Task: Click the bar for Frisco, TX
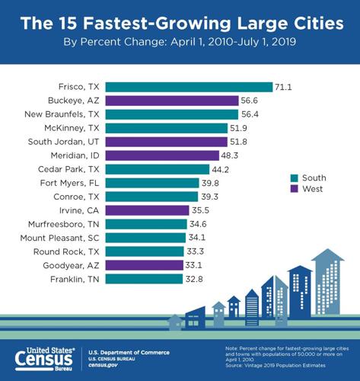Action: [x=189, y=86]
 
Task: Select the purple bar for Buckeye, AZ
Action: [x=171, y=100]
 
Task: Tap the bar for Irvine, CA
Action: [x=146, y=210]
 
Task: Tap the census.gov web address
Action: [x=105, y=364]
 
